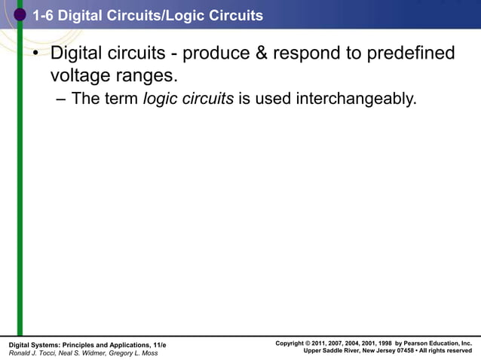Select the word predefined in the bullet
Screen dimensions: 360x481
click(x=408, y=54)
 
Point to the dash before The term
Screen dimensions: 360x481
click(x=61, y=99)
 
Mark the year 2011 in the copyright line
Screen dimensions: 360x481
click(x=323, y=343)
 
